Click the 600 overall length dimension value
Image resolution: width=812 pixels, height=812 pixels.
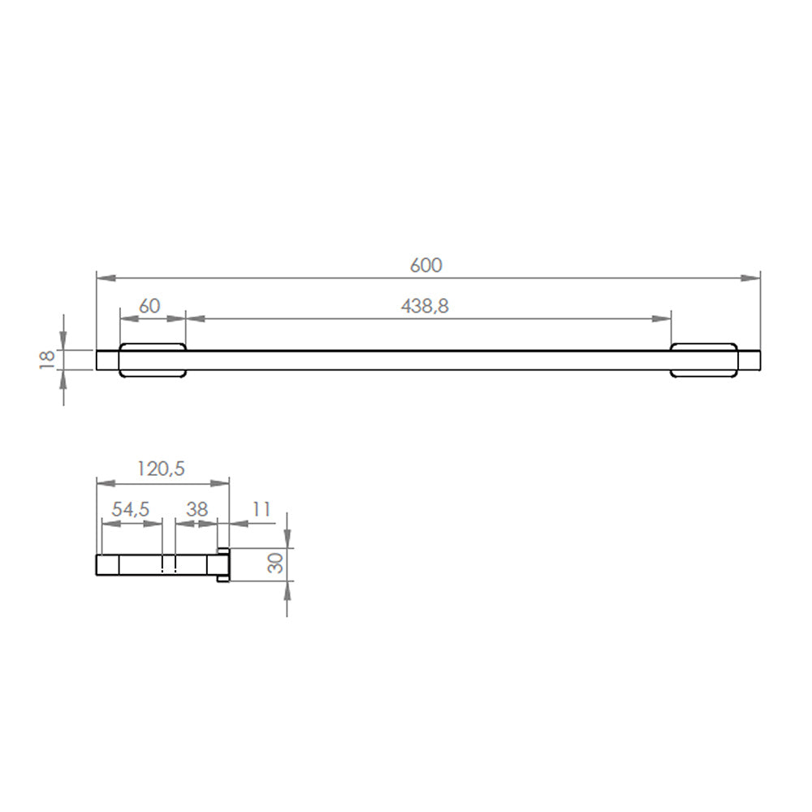click(427, 265)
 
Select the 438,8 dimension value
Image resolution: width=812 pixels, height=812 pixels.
click(425, 306)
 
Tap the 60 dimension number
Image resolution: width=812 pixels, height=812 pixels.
click(149, 306)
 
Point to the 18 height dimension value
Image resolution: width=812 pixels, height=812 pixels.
click(47, 359)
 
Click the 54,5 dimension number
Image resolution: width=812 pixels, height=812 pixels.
click(131, 510)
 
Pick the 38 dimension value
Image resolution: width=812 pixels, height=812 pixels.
click(197, 510)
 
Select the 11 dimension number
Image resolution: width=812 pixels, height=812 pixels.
click(261, 510)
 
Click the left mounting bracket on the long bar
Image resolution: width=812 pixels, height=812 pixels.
click(153, 361)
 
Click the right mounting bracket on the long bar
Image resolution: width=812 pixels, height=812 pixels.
click(704, 361)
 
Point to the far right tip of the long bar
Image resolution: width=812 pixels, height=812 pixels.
click(759, 361)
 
